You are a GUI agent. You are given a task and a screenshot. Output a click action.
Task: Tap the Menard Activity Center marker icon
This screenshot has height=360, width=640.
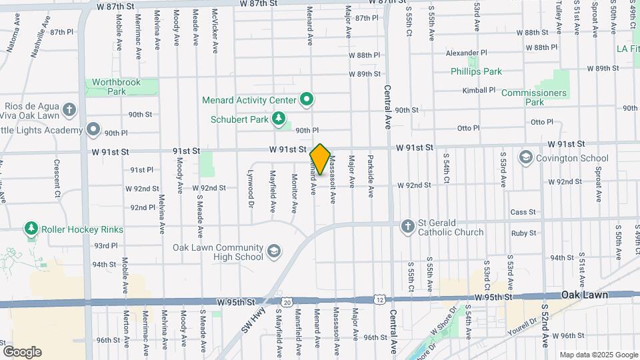pyautogui.click(x=307, y=100)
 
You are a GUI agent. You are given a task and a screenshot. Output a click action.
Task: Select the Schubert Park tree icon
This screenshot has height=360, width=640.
pyautogui.click(x=279, y=120)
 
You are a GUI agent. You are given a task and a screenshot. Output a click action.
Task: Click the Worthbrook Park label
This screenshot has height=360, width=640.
pyautogui.click(x=117, y=87)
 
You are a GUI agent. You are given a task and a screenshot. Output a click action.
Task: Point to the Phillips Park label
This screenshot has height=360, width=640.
pyautogui.click(x=476, y=71)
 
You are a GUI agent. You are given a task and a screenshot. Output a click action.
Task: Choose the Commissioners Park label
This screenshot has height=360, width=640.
pyautogui.click(x=534, y=97)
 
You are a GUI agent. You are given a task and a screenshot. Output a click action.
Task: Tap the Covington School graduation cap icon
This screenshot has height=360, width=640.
pyautogui.click(x=526, y=158)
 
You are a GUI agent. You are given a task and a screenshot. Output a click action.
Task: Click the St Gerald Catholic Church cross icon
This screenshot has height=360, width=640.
pyautogui.click(x=407, y=227)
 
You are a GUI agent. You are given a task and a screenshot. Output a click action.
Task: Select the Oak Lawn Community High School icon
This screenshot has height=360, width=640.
pyautogui.click(x=273, y=251)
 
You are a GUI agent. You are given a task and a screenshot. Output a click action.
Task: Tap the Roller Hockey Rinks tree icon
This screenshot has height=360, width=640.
pyautogui.click(x=31, y=229)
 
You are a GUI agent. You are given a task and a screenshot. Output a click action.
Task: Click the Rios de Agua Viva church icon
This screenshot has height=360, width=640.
pyautogui.click(x=69, y=109)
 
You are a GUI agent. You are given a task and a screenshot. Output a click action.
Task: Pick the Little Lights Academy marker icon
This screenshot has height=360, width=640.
pyautogui.click(x=93, y=129)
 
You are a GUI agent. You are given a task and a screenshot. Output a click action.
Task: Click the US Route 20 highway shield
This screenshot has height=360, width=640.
pyautogui.click(x=287, y=303)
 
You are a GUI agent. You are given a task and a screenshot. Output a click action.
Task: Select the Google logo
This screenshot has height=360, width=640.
pyautogui.click(x=22, y=352)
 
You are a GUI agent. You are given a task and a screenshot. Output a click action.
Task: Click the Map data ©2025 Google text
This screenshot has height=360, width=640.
pyautogui.click(x=598, y=355)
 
